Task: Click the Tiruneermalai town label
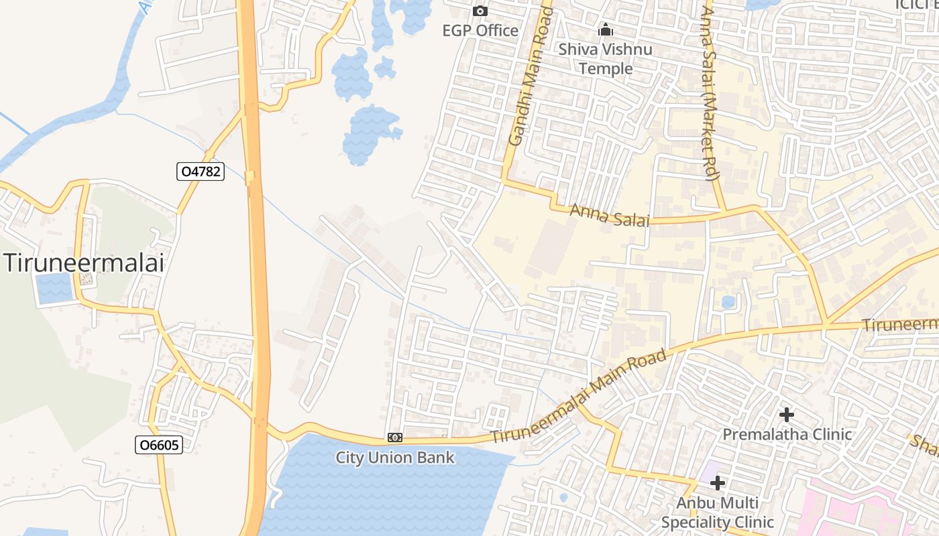click(84, 263)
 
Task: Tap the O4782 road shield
click(200, 172)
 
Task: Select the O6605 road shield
click(159, 445)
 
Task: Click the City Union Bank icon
click(395, 438)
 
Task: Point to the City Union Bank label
click(395, 458)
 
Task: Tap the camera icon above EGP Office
click(480, 11)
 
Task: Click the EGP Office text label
click(480, 30)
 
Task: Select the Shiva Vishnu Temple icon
click(606, 29)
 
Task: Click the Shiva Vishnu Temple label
click(606, 58)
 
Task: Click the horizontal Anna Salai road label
click(609, 216)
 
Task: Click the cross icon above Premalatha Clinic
click(787, 415)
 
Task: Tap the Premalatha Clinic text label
click(787, 434)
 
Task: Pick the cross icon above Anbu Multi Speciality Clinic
click(718, 482)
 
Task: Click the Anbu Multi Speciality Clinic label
click(718, 513)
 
